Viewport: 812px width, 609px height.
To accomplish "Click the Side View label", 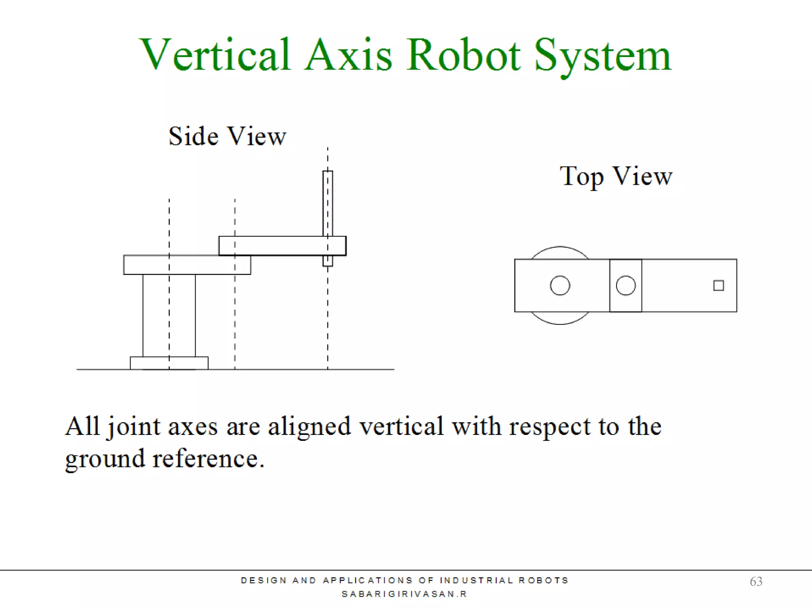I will [227, 136].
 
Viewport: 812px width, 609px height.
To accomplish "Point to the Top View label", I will [616, 176].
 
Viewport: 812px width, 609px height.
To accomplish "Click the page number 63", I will [756, 581].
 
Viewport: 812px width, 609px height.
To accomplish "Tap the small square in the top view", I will [718, 285].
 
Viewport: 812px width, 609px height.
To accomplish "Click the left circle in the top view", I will [560, 285].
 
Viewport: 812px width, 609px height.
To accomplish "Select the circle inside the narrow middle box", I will [626, 285].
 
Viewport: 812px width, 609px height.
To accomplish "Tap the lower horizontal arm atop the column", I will [187, 265].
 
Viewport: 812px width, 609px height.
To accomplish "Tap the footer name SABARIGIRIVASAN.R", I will [404, 594].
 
